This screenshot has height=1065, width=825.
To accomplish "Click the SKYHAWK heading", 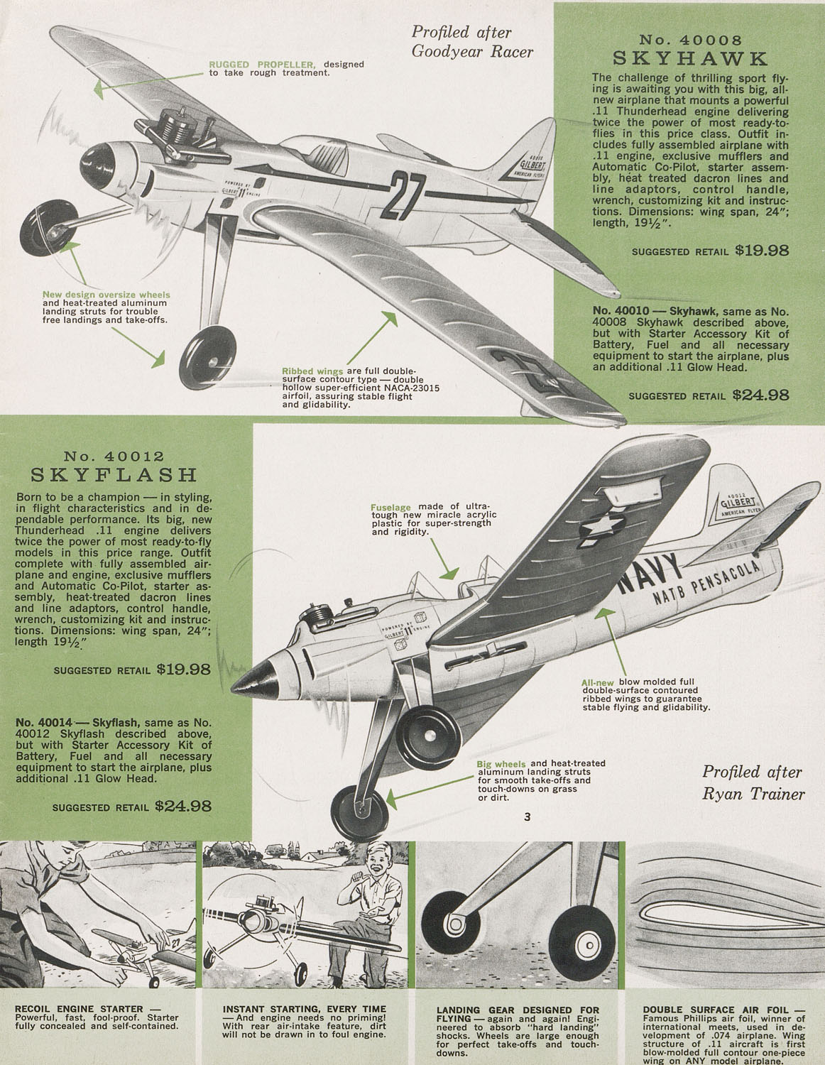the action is coord(690,59).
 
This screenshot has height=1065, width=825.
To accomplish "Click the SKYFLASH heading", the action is coord(114,474).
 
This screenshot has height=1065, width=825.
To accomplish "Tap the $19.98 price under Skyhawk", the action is coord(762,251).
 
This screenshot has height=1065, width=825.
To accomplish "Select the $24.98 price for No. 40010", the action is coord(760,395).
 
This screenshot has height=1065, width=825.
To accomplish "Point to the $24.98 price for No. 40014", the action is coord(183,806).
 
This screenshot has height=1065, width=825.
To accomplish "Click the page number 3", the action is coord(527,816).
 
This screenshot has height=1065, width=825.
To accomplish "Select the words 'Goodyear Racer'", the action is coord(472,51).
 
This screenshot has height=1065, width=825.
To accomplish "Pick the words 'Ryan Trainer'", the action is coord(753,794).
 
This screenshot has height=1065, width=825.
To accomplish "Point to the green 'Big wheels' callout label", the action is coord(501,764).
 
